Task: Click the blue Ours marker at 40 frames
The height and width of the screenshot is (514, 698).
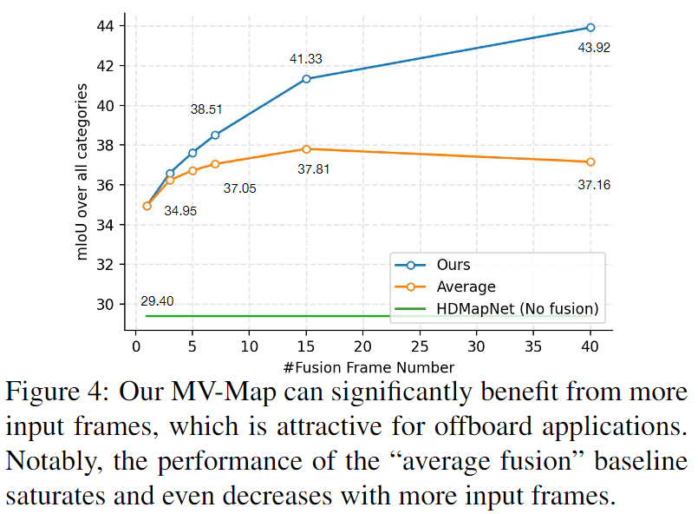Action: click(590, 28)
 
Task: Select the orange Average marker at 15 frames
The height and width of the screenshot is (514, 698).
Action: click(306, 149)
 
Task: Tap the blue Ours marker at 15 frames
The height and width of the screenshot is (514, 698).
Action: click(306, 79)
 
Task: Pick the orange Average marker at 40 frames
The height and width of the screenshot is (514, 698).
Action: click(590, 161)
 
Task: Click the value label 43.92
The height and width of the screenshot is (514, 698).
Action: click(594, 49)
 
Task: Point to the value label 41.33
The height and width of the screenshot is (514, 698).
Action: click(305, 59)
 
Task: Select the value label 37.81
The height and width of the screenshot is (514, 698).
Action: click(313, 169)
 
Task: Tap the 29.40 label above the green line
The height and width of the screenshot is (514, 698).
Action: click(157, 301)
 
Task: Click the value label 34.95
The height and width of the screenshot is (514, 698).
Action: click(180, 211)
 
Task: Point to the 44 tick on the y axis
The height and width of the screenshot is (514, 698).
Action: click(110, 26)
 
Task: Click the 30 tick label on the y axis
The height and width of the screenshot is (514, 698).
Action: click(110, 304)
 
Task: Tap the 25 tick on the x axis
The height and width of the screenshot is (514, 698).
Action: click(420, 346)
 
